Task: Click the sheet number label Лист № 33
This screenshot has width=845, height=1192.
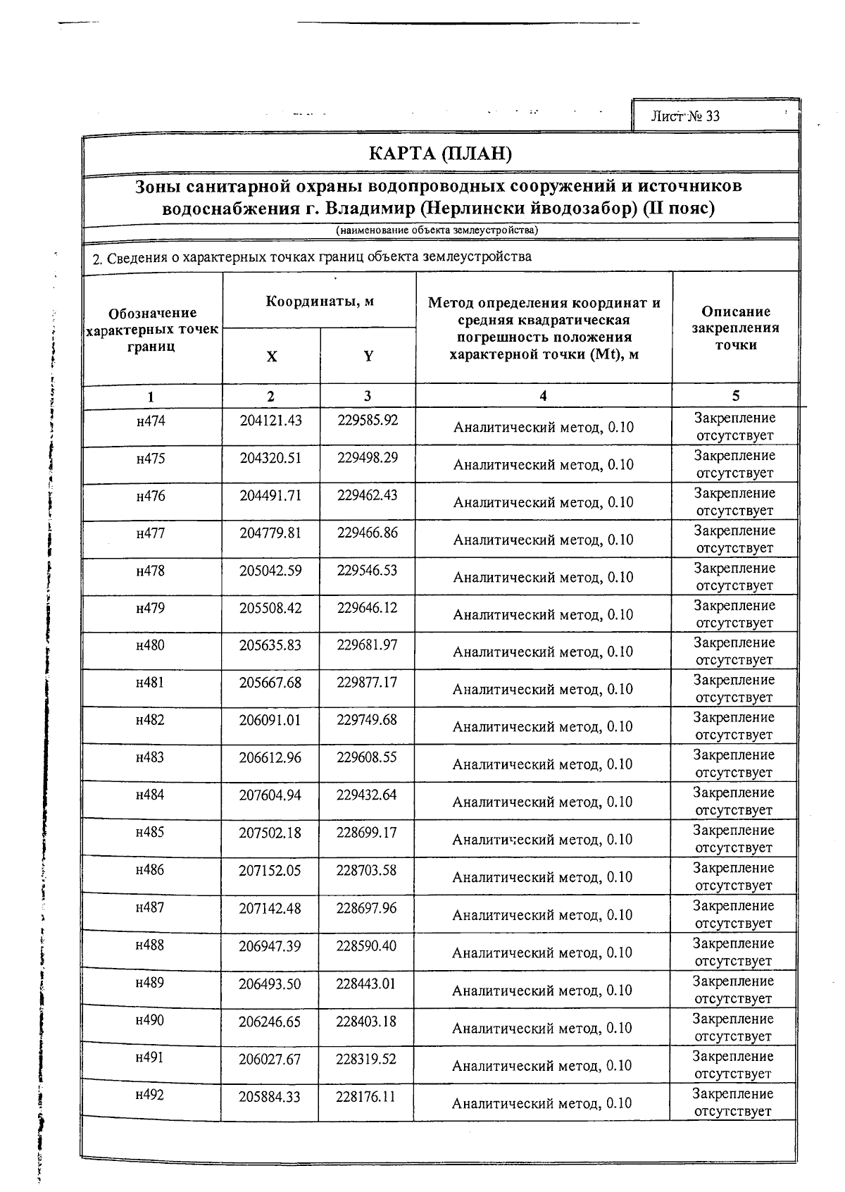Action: click(685, 116)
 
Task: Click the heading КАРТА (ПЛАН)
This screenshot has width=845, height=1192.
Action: click(440, 154)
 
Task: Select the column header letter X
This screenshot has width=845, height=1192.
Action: click(271, 356)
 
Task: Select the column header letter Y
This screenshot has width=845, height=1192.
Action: click(368, 356)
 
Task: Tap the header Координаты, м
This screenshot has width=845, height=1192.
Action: click(319, 302)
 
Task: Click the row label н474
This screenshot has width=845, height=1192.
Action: click(151, 421)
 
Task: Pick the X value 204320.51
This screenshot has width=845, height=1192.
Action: click(270, 458)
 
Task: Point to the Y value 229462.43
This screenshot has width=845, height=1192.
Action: click(367, 495)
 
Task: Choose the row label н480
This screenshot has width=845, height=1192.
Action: click(151, 645)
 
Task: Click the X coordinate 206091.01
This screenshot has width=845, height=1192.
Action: click(270, 720)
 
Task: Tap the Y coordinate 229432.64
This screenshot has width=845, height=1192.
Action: click(367, 795)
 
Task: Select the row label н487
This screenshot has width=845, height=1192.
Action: click(150, 907)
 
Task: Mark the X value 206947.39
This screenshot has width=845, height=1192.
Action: click(270, 945)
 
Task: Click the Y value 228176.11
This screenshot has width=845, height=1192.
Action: click(366, 1096)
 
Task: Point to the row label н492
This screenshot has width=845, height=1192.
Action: click(150, 1095)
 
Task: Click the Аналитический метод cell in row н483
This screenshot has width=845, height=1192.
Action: click(542, 764)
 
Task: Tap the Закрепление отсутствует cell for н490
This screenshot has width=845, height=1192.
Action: click(733, 1027)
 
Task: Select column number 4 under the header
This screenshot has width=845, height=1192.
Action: click(543, 396)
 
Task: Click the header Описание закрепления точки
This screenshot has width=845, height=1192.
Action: click(735, 328)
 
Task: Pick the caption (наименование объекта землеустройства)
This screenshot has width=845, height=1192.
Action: click(437, 230)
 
